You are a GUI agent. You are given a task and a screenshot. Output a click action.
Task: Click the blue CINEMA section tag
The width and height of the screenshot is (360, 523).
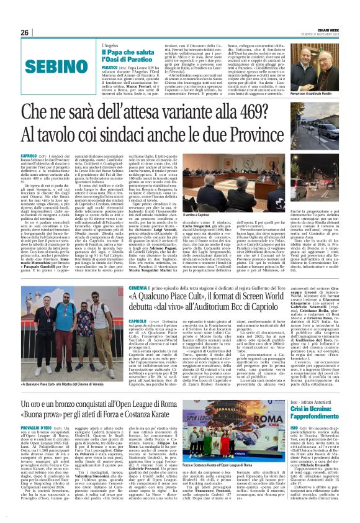coord(137,288)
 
